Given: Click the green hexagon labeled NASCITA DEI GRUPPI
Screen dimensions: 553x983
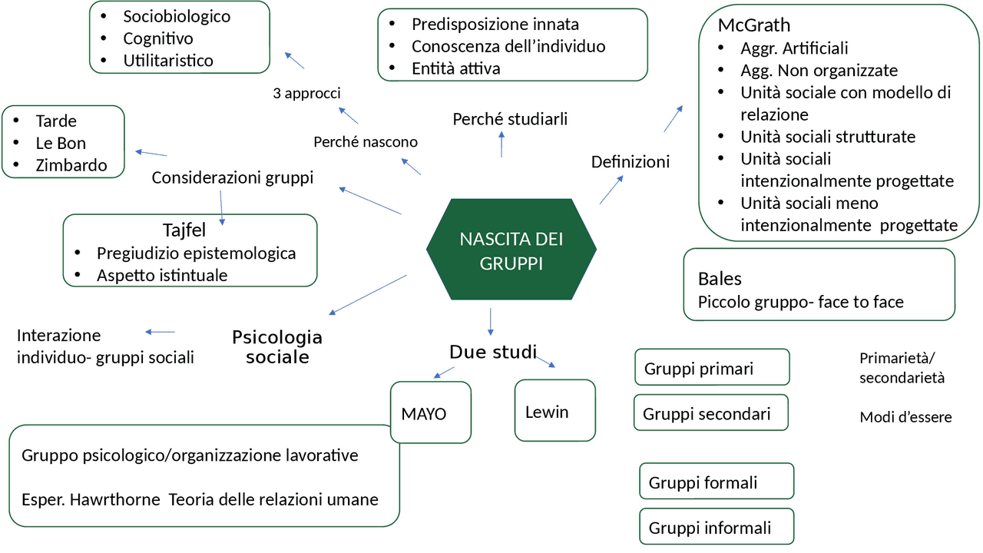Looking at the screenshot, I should (x=511, y=250).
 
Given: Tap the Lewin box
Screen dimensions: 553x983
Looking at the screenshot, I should (x=554, y=411).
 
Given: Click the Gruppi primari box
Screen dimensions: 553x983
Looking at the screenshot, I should (x=712, y=368).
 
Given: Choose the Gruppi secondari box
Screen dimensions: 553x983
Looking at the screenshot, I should (x=711, y=413).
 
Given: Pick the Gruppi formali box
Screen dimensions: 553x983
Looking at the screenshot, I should (x=716, y=482).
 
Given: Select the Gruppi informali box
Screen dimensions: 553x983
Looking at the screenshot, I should (x=716, y=528).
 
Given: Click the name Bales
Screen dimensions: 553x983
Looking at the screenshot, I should (x=720, y=278).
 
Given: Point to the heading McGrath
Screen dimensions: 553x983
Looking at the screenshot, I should (x=753, y=25).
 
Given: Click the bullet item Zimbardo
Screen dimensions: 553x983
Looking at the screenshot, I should (x=71, y=165).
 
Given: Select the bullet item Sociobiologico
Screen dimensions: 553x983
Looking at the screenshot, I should (x=176, y=16).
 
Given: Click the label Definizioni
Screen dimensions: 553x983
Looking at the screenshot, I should (x=630, y=162).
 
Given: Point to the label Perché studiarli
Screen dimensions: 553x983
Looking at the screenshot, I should (x=510, y=119).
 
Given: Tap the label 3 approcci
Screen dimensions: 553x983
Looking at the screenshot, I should (x=306, y=94).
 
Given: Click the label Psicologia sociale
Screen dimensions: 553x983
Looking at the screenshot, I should (x=277, y=347).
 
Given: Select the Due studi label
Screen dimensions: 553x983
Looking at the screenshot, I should (x=492, y=353).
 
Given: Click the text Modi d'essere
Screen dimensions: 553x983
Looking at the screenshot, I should (x=905, y=418).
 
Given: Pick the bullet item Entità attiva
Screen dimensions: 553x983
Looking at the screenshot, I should (x=455, y=68).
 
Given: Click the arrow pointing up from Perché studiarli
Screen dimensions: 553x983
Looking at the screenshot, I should (x=501, y=143).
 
